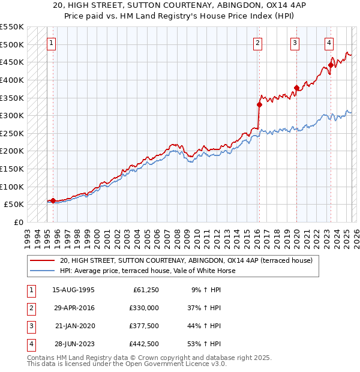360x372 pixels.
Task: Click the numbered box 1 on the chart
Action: (52, 43)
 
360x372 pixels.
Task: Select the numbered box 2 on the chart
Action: (257, 43)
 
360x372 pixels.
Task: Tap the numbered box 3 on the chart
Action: (295, 43)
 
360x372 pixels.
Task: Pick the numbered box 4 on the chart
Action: (329, 43)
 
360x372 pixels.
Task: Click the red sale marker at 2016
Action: (259, 104)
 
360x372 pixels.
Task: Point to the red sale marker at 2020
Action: (296, 88)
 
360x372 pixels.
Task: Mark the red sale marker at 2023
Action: (331, 65)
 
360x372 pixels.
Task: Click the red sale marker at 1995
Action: (53, 200)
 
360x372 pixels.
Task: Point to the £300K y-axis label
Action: (12, 115)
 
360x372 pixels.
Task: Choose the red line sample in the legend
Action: (42, 260)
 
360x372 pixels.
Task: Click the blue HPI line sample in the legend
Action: (42, 271)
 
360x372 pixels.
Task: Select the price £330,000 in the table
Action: (144, 308)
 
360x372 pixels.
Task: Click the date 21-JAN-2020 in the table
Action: (74, 326)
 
